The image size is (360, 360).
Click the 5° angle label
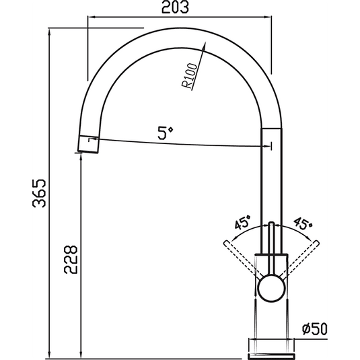tap(166, 133)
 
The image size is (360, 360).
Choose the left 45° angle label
tap(242, 223)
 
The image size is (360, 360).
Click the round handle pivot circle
tap(271, 288)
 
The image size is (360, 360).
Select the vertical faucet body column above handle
tap(271, 175)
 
